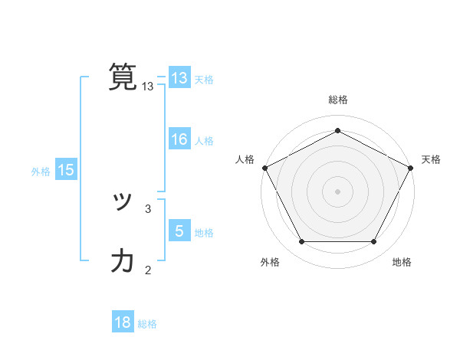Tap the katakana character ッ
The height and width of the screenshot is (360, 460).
tap(123, 201)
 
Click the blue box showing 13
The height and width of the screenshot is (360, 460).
tap(179, 78)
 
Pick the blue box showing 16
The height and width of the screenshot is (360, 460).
tap(179, 139)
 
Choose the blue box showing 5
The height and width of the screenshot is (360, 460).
tap(179, 231)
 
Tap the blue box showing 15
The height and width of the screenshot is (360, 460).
tap(66, 171)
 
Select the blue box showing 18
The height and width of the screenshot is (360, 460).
tap(123, 322)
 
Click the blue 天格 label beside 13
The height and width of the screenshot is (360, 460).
tap(204, 80)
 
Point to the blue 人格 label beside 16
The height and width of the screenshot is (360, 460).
tap(204, 141)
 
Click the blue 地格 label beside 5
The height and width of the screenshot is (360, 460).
tap(204, 232)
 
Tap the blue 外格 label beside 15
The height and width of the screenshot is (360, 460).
tap(41, 172)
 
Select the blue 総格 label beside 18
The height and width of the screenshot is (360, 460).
tap(147, 324)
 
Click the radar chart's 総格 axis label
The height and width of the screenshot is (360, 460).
tap(337, 100)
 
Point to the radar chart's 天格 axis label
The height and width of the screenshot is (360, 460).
tap(431, 159)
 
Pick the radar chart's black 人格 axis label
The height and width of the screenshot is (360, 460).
tap(245, 159)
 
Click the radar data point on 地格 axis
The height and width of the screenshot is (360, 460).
tap(374, 242)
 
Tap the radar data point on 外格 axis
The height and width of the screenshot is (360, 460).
tap(301, 242)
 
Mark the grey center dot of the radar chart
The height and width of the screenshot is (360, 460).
tap(337, 191)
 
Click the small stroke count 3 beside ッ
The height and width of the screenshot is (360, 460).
tap(148, 208)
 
